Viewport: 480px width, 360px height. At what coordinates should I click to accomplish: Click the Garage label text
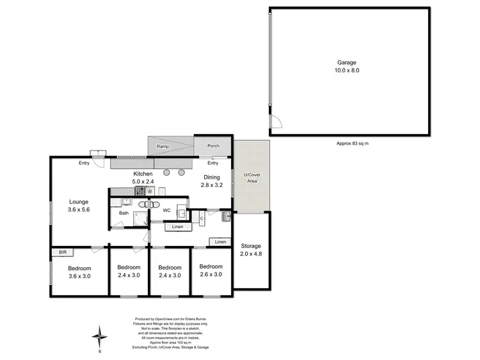[348, 63]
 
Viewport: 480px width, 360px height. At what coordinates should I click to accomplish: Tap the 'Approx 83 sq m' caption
[352, 143]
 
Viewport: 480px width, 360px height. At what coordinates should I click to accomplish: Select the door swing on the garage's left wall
[275, 124]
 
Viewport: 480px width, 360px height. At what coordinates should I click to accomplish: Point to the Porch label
[213, 146]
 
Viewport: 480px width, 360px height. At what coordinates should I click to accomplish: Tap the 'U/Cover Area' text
[252, 177]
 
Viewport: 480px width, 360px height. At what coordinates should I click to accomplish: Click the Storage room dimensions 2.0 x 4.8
[251, 254]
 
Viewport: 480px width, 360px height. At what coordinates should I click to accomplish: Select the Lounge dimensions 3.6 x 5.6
[79, 209]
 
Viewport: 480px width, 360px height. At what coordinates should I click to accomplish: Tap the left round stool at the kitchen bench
[168, 172]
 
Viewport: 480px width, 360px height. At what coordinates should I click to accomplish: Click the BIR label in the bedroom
[63, 252]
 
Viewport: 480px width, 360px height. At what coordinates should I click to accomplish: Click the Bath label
[123, 213]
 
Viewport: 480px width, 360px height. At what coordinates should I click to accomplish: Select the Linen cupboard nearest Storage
[220, 241]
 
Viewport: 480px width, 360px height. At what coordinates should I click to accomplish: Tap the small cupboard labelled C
[202, 219]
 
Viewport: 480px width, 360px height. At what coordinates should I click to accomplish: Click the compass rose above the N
[99, 335]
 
